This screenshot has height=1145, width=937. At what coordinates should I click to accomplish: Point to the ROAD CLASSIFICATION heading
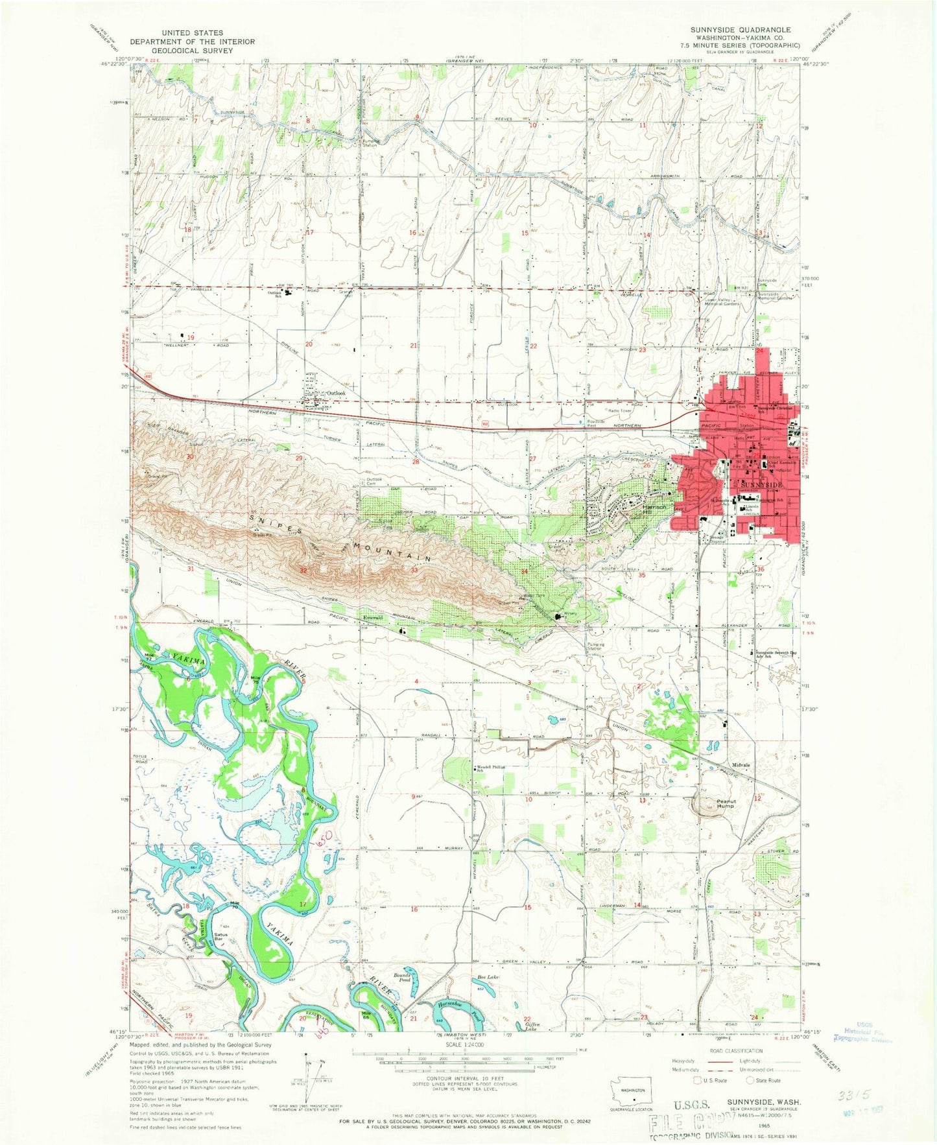pyautogui.click(x=729, y=1051)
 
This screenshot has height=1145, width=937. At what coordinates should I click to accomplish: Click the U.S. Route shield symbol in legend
pyautogui.click(x=698, y=1080)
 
